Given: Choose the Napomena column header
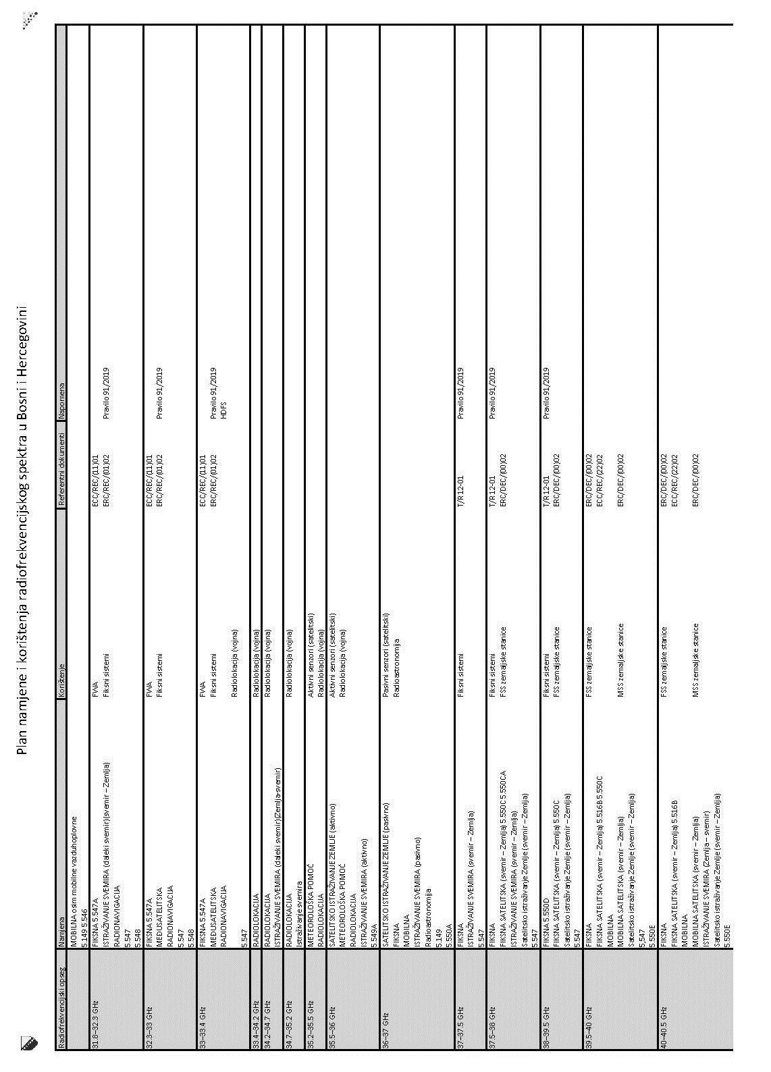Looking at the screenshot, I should coord(62,387).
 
